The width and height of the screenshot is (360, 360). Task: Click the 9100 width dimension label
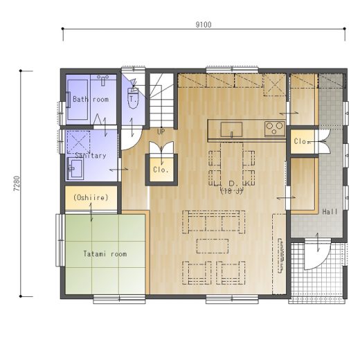click(x=204, y=24)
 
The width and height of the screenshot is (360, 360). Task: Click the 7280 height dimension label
click(x=17, y=183)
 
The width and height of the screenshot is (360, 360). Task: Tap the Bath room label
click(x=91, y=99)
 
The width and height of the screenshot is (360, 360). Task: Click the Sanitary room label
click(x=91, y=156)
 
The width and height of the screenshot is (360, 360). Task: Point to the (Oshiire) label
click(x=91, y=197)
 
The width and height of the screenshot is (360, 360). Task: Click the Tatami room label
click(x=105, y=254)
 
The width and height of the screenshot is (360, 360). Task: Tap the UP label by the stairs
click(x=161, y=132)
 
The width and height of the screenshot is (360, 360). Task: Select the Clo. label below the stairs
click(x=161, y=170)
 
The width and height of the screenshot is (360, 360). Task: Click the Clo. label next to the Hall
click(x=302, y=141)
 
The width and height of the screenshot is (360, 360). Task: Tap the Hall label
click(x=330, y=212)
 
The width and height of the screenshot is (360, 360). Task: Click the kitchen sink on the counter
click(x=231, y=129)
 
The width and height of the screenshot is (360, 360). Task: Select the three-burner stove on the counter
click(x=275, y=128)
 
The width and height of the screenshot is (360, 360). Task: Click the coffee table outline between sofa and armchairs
click(x=213, y=246)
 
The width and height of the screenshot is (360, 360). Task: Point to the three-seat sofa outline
click(x=213, y=222)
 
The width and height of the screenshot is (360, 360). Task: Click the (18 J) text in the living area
click(x=231, y=191)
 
